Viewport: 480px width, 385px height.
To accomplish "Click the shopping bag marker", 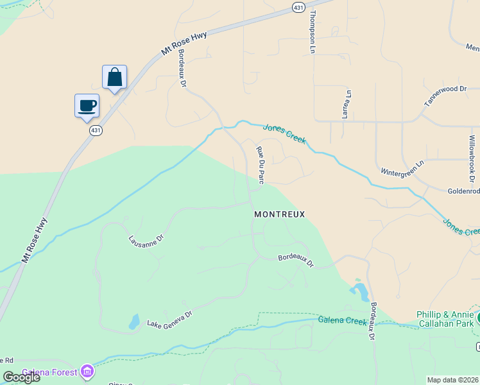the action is (x=114, y=78).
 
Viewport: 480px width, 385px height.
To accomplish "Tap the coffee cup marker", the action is (x=87, y=106).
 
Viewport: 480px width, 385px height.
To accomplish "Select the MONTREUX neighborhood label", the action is (x=279, y=214).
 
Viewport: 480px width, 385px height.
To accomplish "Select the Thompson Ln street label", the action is (x=313, y=31).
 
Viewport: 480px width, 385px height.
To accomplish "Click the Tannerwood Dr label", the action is (x=445, y=96).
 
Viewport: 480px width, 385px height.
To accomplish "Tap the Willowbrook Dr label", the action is (x=472, y=157).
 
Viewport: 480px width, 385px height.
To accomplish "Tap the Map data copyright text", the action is (x=452, y=380).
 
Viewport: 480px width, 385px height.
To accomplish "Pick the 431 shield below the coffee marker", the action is (x=95, y=130).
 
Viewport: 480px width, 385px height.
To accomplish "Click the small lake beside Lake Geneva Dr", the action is (x=134, y=321).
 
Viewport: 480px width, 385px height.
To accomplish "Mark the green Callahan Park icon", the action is (x=478, y=318).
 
